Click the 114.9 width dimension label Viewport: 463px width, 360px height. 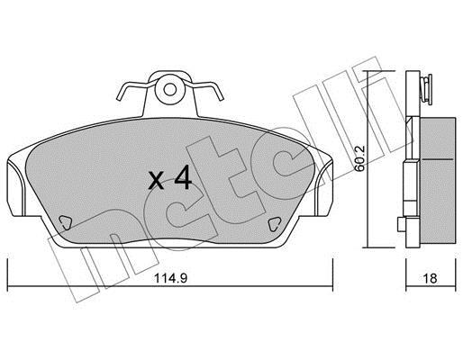(x=170, y=278)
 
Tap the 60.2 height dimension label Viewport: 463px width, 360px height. (x=359, y=158)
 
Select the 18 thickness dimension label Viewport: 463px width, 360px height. (x=430, y=278)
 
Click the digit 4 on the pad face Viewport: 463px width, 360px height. (x=183, y=177)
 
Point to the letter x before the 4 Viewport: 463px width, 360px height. (x=157, y=181)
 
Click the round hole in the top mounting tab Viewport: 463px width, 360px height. (x=170, y=89)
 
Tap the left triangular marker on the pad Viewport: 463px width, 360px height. (x=65, y=223)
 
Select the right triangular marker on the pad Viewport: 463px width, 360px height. (x=274, y=224)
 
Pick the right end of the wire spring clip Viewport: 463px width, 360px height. (x=222, y=97)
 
